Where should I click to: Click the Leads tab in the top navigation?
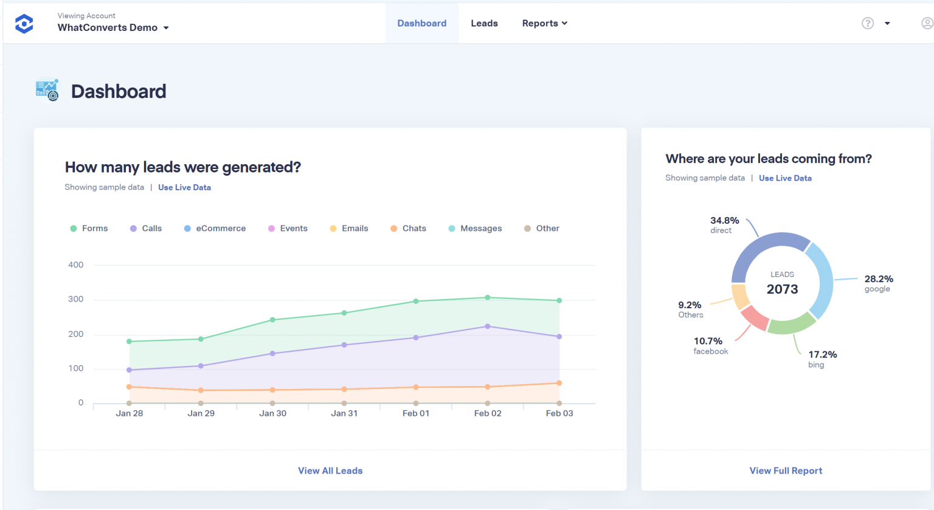(x=484, y=23)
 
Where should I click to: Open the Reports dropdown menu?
(x=544, y=23)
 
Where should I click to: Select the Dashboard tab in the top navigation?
(x=421, y=23)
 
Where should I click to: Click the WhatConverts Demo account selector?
(x=113, y=27)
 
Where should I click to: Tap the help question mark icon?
(x=868, y=23)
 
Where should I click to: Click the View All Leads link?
(x=330, y=470)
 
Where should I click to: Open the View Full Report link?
(x=786, y=470)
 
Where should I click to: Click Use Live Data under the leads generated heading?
(x=184, y=187)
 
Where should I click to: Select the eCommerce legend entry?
(x=215, y=229)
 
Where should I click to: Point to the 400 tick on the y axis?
(x=76, y=265)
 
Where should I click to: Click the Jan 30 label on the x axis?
(x=272, y=413)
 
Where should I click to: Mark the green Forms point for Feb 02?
(x=488, y=297)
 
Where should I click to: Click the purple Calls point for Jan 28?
(x=129, y=370)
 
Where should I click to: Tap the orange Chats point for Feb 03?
(x=559, y=383)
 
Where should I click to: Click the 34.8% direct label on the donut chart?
(x=724, y=224)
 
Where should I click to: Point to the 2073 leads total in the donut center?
(x=782, y=289)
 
